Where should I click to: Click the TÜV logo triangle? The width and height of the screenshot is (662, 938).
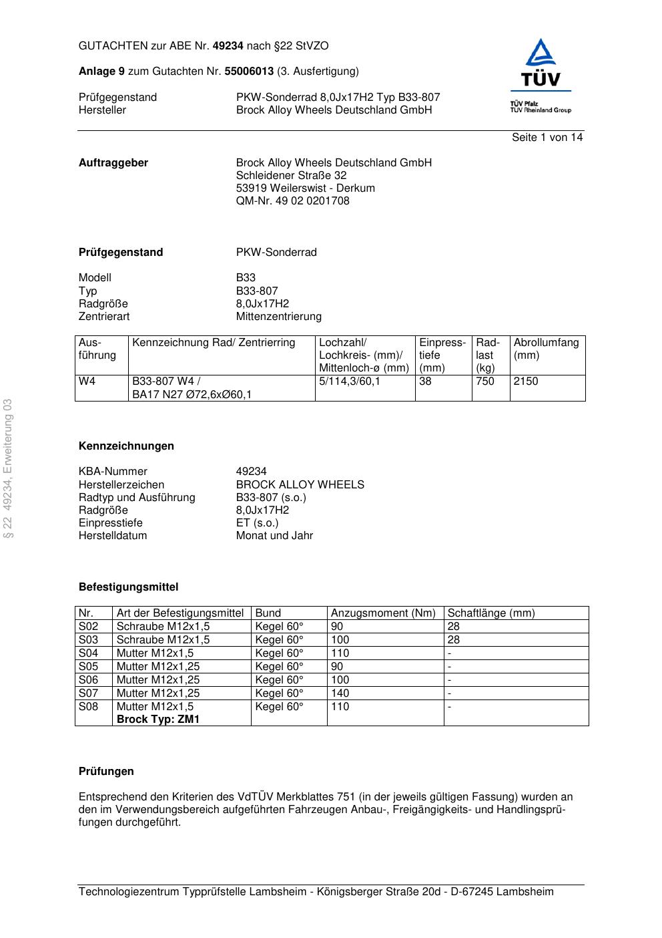pyautogui.click(x=540, y=53)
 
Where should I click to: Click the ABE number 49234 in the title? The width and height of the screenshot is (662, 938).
pyautogui.click(x=228, y=46)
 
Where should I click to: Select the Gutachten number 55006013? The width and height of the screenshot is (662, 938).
pyautogui.click(x=249, y=71)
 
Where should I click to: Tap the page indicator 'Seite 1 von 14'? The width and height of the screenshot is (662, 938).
pyautogui.click(x=547, y=138)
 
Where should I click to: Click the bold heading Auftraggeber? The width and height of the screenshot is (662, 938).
pyautogui.click(x=113, y=163)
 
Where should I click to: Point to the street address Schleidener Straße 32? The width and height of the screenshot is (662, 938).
pyautogui.click(x=291, y=176)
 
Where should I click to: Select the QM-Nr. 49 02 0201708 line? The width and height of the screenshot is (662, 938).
pyautogui.click(x=292, y=201)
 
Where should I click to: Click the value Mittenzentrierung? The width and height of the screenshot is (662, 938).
pyautogui.click(x=278, y=317)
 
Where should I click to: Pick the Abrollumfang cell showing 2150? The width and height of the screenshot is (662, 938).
pyautogui.click(x=526, y=381)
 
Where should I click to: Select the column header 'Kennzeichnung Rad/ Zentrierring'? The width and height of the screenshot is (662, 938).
pyautogui.click(x=214, y=343)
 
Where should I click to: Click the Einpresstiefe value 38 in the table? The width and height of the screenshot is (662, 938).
pyautogui.click(x=425, y=381)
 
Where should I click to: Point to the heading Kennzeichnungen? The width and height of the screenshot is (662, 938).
pyautogui.click(x=126, y=446)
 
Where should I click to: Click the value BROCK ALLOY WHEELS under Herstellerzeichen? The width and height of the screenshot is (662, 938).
pyautogui.click(x=300, y=485)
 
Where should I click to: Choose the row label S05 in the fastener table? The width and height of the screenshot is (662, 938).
pyautogui.click(x=89, y=667)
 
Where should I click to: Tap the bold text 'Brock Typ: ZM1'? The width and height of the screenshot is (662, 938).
pyautogui.click(x=158, y=720)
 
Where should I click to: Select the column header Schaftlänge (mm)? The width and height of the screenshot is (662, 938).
pyautogui.click(x=490, y=613)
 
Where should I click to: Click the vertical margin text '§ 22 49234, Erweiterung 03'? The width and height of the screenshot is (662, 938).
pyautogui.click(x=8, y=468)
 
